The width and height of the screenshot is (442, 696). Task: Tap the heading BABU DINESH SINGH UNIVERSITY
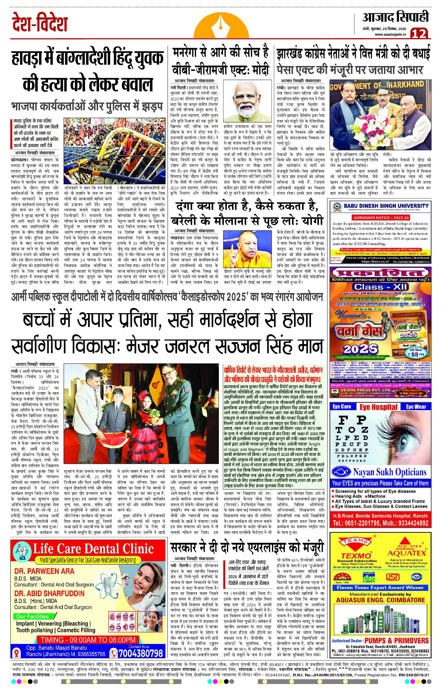click(x=386, y=206)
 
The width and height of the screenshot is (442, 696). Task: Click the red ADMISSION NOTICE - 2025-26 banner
click(x=381, y=217)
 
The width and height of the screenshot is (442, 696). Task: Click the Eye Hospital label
click(x=378, y=407)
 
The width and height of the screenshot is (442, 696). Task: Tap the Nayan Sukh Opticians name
click(x=390, y=472)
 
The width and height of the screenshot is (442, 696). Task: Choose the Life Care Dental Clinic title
click(x=93, y=549)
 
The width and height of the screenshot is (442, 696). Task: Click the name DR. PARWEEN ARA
click(x=44, y=571)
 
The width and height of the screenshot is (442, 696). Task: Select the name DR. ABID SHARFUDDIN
click(x=49, y=593)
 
